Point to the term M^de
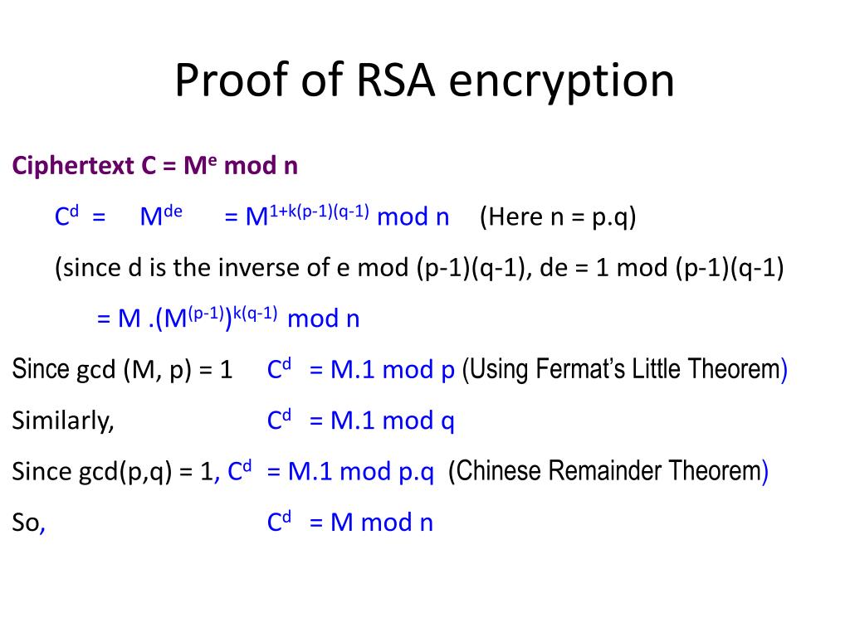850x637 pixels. [x=161, y=216]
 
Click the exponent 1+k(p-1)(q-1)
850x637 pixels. [x=319, y=211]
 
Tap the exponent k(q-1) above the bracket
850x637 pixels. [x=255, y=312]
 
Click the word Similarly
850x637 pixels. [x=62, y=421]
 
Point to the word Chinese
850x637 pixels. [x=494, y=472]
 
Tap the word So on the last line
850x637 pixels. [x=26, y=523]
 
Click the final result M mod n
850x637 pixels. [x=382, y=523]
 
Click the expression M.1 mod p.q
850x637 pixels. [x=361, y=472]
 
